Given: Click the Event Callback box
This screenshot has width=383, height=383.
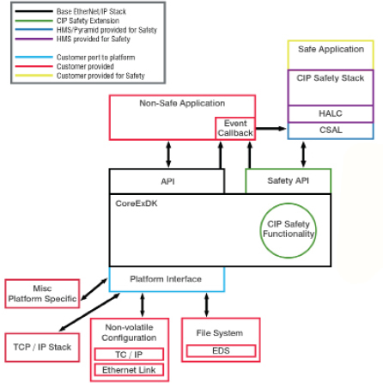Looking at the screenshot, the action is tap(235, 128).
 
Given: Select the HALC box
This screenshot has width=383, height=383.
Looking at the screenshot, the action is tap(331, 113).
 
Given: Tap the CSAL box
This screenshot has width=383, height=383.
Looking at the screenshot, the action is tap(331, 131).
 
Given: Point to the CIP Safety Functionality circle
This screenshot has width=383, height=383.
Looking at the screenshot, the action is tap(289, 231).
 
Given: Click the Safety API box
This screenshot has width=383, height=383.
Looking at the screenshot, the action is tap(289, 181).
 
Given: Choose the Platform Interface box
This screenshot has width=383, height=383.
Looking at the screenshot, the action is tap(167, 279).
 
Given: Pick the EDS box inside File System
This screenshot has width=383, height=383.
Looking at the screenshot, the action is tap(221, 351).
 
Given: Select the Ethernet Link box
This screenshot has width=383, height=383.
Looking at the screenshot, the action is tap(129, 370).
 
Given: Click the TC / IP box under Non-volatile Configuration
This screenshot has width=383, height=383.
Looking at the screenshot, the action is tap(129, 355).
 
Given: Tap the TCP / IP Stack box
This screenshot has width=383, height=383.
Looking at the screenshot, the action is tap(42, 347).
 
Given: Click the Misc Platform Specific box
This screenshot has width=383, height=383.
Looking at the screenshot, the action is tap(42, 294).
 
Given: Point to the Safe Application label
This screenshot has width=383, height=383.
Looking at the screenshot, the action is tap(331, 49).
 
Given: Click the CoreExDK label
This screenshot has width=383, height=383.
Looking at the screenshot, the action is tap(137, 204).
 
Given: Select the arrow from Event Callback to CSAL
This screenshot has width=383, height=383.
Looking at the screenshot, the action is tap(271, 129).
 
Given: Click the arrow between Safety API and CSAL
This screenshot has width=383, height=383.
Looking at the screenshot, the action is tap(303, 155).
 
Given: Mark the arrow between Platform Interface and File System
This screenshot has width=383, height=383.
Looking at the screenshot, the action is tap(206, 305).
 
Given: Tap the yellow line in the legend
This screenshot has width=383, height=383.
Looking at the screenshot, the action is tap(34, 76).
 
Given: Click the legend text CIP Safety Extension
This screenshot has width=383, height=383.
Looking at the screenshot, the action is tap(88, 21).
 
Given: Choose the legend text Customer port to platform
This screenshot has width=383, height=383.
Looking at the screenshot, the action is tap(95, 58).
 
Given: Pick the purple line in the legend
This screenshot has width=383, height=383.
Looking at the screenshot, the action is tap(34, 39).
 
